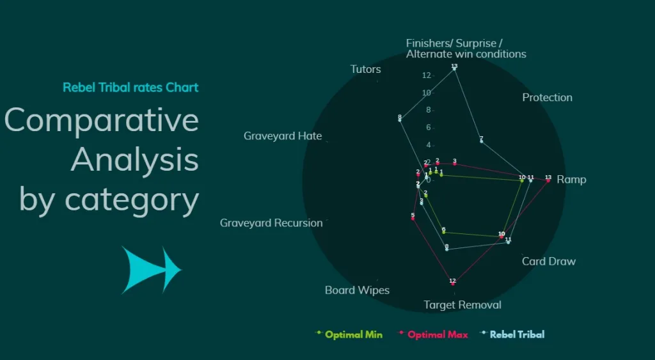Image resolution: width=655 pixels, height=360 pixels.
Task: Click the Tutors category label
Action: pos(365,69)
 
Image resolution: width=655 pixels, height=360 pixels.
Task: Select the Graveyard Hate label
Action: pos(282,136)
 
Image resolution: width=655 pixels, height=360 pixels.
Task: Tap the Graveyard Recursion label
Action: pos(271,223)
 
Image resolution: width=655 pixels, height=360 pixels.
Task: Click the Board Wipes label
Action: pos(357,290)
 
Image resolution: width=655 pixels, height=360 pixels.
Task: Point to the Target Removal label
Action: pos(462,305)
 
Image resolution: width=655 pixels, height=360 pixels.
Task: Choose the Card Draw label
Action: pos(549,261)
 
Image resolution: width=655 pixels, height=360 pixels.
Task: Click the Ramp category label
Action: pos(571,180)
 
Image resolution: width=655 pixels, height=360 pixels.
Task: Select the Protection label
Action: pos(547,97)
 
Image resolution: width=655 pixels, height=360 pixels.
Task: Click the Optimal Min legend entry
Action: pos(353,334)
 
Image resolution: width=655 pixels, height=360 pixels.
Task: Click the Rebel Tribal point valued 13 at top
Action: pos(454,69)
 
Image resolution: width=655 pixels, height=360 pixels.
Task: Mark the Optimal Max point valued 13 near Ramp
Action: pos(548,181)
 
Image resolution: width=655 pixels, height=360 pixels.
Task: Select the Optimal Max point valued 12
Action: pos(452,284)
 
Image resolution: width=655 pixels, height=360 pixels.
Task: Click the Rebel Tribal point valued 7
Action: pos(481,141)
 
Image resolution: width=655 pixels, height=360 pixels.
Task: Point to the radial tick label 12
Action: pos(427,75)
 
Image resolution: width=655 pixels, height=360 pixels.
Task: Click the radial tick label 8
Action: pos(427,110)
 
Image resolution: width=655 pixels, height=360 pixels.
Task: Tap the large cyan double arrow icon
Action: pos(152,270)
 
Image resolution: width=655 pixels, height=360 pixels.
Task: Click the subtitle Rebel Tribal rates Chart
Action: pos(130,88)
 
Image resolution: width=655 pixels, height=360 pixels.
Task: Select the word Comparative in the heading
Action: pos(102,120)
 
